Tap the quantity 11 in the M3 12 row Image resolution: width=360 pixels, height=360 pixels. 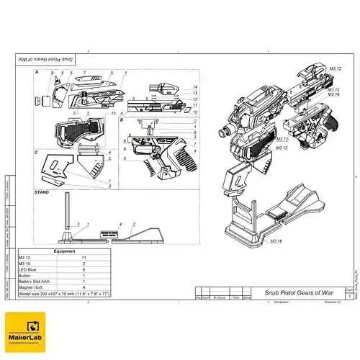84,257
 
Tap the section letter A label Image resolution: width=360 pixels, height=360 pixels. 37,73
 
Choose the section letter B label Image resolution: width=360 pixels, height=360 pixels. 122,121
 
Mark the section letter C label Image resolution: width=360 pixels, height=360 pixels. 37,153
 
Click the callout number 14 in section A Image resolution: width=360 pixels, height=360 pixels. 194,88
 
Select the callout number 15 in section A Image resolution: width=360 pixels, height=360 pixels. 114,114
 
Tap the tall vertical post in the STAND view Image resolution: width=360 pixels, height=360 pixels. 67,214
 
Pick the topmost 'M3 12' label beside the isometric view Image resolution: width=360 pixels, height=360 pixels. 335,67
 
